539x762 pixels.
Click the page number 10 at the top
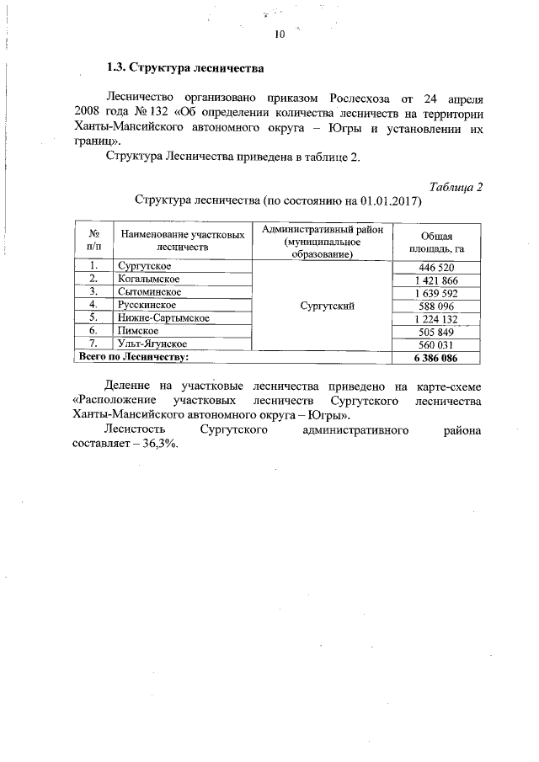(x=280, y=35)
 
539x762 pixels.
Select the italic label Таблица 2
(x=455, y=187)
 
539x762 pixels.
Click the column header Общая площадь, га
(x=436, y=242)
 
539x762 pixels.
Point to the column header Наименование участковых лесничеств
(x=183, y=242)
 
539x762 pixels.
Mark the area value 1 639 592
(x=436, y=293)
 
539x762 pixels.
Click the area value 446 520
(x=436, y=268)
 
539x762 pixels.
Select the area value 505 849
(x=436, y=332)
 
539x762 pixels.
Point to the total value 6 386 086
(x=436, y=358)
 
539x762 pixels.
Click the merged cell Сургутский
(x=322, y=306)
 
